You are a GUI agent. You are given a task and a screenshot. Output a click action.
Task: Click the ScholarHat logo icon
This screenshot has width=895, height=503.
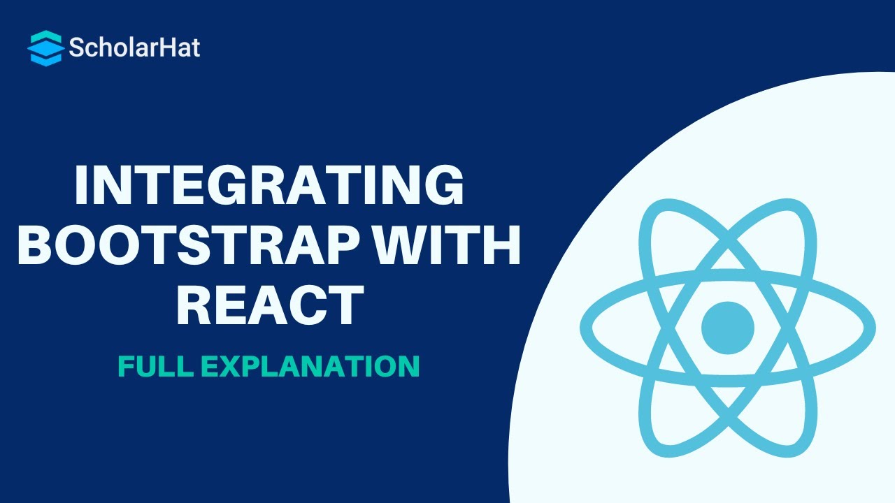46,48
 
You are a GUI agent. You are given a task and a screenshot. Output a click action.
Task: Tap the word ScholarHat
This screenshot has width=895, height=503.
134,48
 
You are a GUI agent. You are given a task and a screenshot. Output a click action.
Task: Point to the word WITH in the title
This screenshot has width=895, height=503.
454,245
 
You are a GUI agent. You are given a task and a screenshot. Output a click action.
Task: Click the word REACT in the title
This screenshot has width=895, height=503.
269,306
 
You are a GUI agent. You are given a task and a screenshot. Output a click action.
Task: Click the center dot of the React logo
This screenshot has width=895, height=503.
728,327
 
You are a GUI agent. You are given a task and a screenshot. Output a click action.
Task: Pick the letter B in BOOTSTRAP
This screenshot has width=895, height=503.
36,245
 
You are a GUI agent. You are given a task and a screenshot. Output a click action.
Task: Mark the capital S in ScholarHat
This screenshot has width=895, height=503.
76,48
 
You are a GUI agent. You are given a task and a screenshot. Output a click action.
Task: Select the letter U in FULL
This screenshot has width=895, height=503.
143,366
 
